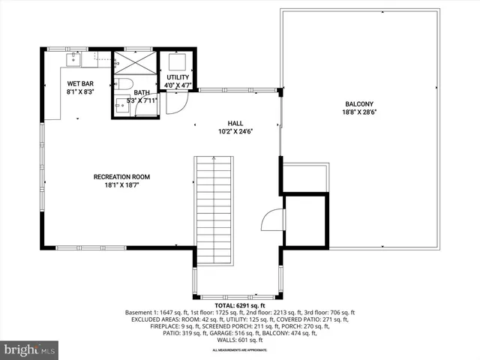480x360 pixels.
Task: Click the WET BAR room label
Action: pyautogui.click(x=80, y=83)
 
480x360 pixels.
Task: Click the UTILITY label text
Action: pyautogui.click(x=178, y=77)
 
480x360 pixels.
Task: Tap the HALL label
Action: pyautogui.click(x=236, y=123)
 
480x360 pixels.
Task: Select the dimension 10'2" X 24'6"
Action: pyautogui.click(x=236, y=131)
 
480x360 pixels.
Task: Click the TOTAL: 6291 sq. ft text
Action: pyautogui.click(x=239, y=306)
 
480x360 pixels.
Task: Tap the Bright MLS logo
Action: pyautogui.click(x=29, y=349)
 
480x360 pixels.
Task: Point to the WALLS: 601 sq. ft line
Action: pyautogui.click(x=239, y=340)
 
